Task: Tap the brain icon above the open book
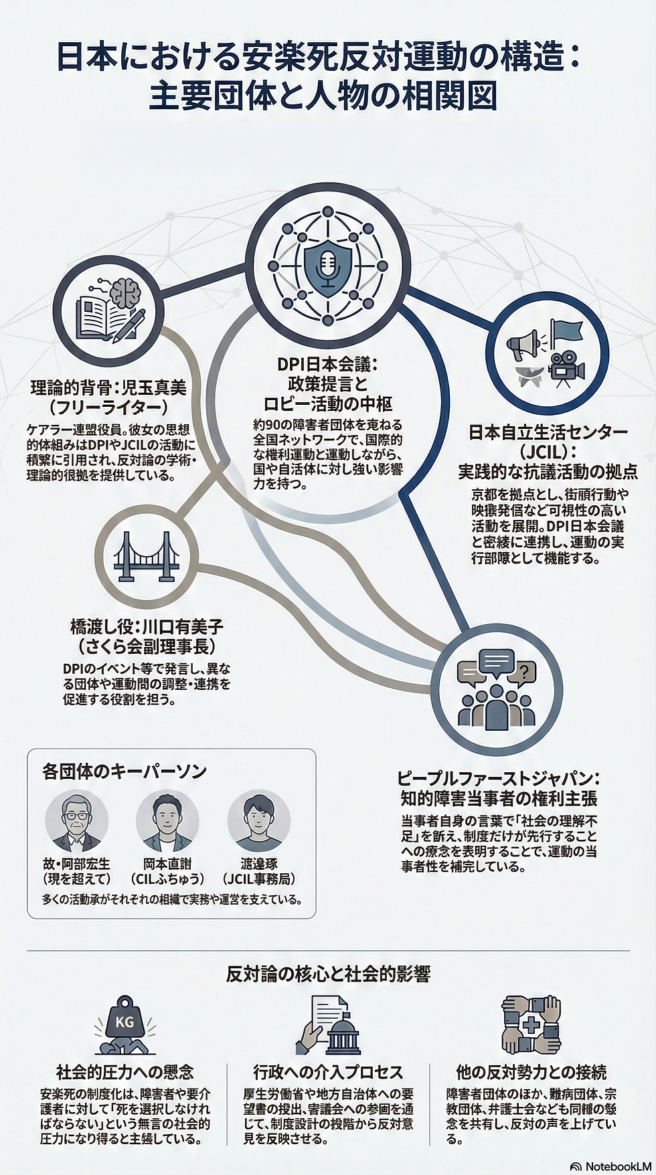pyautogui.click(x=127, y=292)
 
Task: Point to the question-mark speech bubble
pyautogui.click(x=524, y=670)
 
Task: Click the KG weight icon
pyautogui.click(x=125, y=1022)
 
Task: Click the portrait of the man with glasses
pyautogui.click(x=76, y=822)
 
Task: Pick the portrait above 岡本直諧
pyautogui.click(x=167, y=822)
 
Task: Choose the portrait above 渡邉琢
pyautogui.click(x=258, y=822)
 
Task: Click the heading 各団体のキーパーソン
pyautogui.click(x=124, y=771)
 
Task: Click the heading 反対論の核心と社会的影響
pyautogui.click(x=327, y=974)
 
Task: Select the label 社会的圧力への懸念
pyautogui.click(x=125, y=1072)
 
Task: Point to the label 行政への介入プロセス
pyautogui.click(x=328, y=1072)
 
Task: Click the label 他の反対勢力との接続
pyautogui.click(x=531, y=1072)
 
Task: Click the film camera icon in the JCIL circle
pyautogui.click(x=566, y=369)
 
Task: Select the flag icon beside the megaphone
pyautogui.click(x=566, y=333)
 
